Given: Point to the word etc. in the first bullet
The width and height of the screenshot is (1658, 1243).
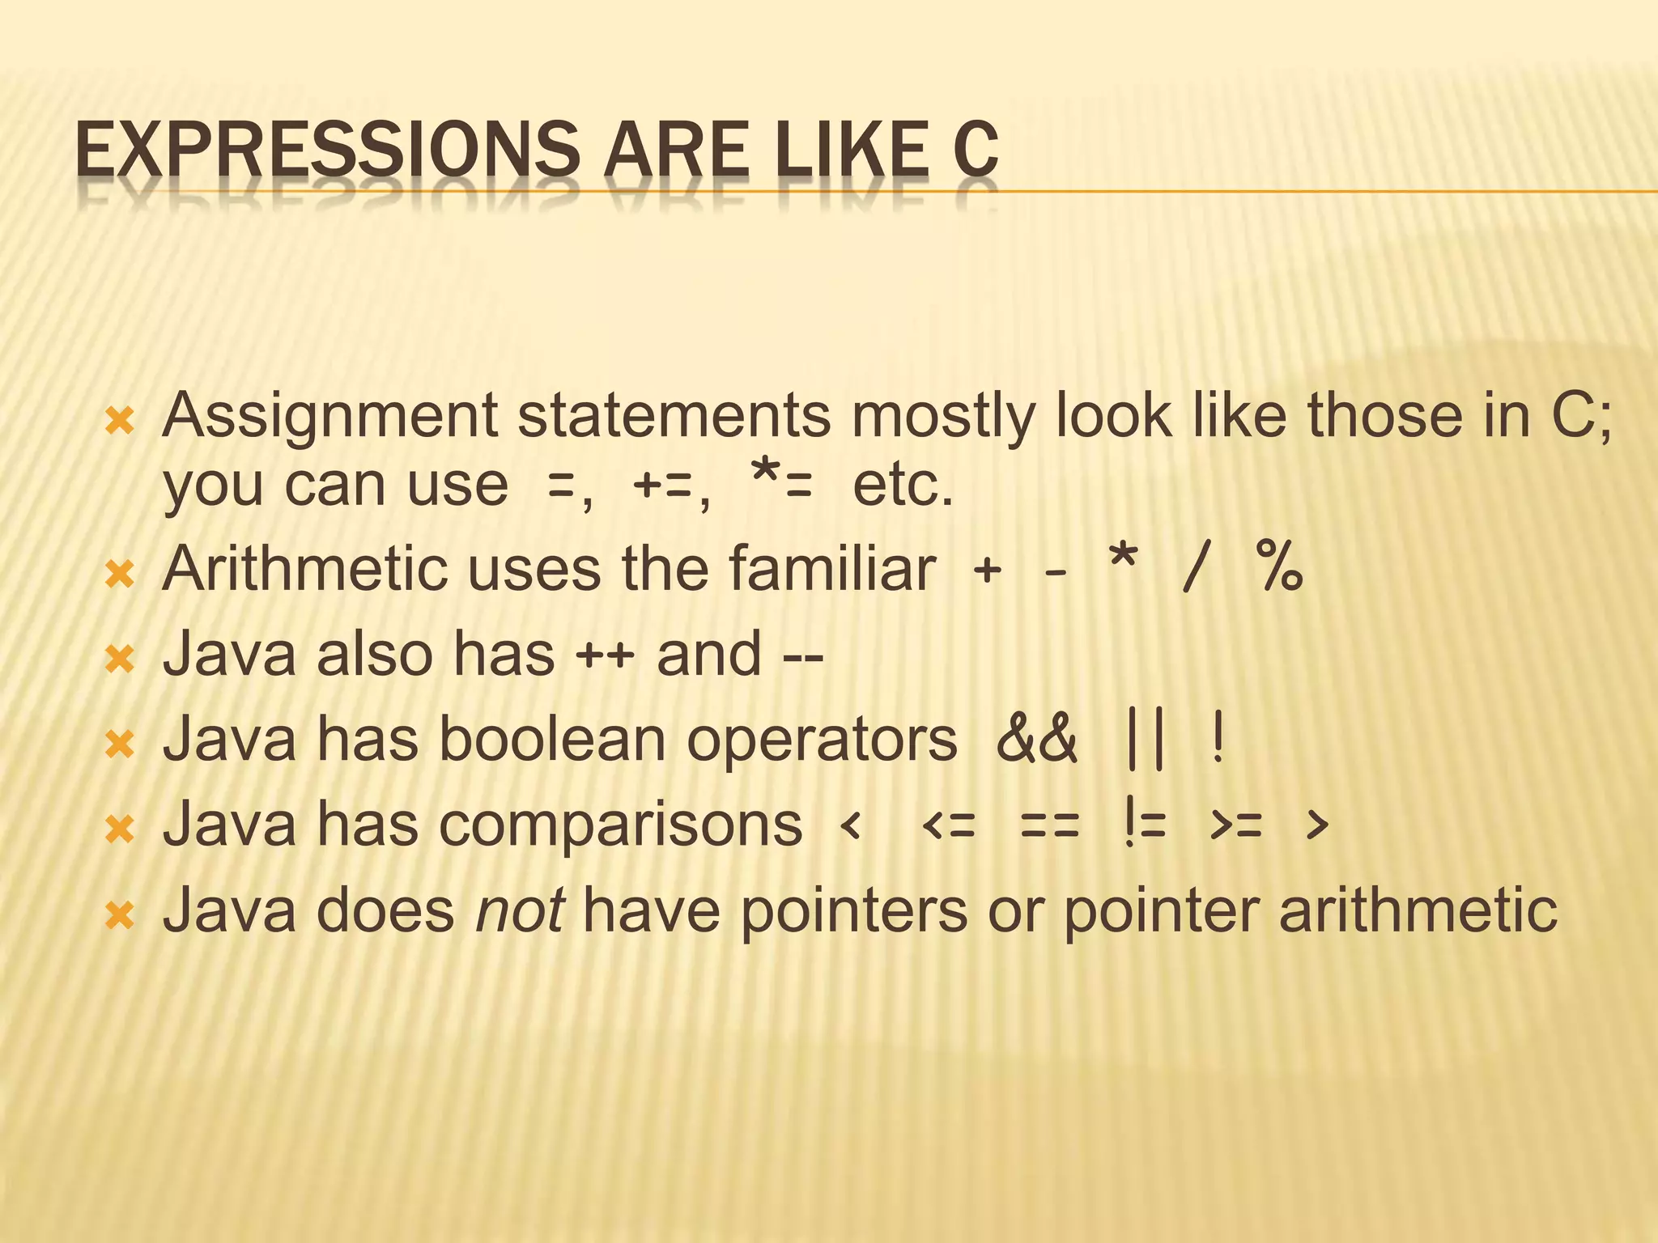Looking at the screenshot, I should coord(903,486).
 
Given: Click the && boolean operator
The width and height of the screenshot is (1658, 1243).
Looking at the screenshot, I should coord(1037,740).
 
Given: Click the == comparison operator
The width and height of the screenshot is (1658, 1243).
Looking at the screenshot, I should coord(1049,826).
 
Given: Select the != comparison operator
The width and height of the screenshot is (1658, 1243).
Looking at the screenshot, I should coord(1144,826).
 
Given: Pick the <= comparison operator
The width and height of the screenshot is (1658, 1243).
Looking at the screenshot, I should coord(949,826).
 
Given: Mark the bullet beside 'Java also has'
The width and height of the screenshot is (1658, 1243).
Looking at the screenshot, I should coord(120,659).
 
